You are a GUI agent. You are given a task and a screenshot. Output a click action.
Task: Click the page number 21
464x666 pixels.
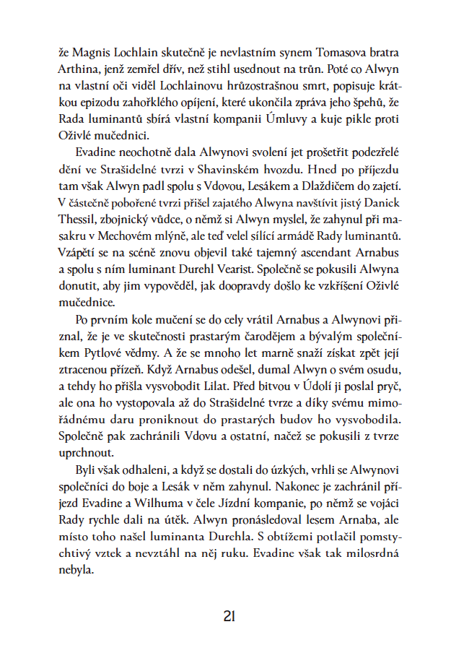click(x=230, y=616)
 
